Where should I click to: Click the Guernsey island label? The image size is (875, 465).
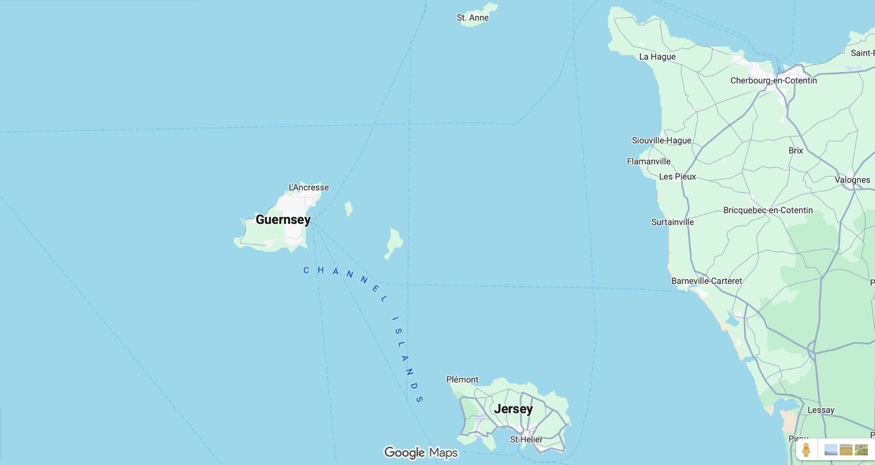point(283,220)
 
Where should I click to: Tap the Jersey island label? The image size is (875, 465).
point(513,409)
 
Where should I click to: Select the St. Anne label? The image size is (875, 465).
point(473,18)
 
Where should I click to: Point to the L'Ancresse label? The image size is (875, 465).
point(309,187)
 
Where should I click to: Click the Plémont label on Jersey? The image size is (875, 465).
point(462,379)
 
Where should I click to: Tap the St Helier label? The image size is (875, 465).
point(526,439)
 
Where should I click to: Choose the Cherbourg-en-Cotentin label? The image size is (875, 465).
point(774,80)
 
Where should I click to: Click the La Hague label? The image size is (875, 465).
point(657,56)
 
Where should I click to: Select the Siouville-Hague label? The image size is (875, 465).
point(662,140)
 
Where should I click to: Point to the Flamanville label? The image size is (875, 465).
point(649,161)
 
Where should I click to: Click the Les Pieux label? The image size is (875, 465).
point(677,177)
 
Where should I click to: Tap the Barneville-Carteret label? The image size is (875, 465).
point(706,281)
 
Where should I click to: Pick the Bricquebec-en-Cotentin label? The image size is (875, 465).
point(768,210)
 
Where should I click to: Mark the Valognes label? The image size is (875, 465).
point(852,180)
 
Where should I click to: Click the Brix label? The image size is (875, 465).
point(796,151)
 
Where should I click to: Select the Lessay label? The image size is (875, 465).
point(821,410)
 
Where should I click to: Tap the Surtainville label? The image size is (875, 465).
point(673,222)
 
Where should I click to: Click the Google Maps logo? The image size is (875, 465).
point(421,452)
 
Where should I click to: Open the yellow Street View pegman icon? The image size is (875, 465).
point(806,450)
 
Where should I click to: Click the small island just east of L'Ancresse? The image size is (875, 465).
point(349,208)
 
